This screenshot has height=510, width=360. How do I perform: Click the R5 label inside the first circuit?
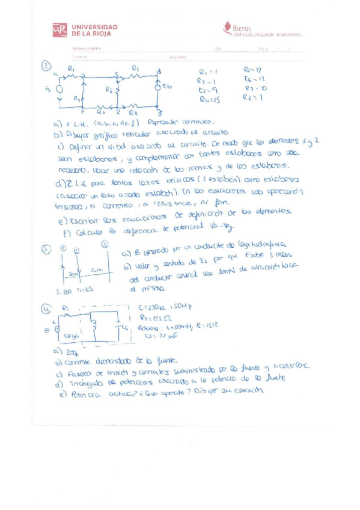(x=109, y=90)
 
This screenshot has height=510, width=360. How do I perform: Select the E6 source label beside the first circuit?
(x=167, y=87)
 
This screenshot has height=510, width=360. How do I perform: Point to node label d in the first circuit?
(x=158, y=72)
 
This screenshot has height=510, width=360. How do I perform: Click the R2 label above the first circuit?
(x=136, y=68)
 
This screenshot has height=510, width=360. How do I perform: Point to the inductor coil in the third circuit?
(x=94, y=326)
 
